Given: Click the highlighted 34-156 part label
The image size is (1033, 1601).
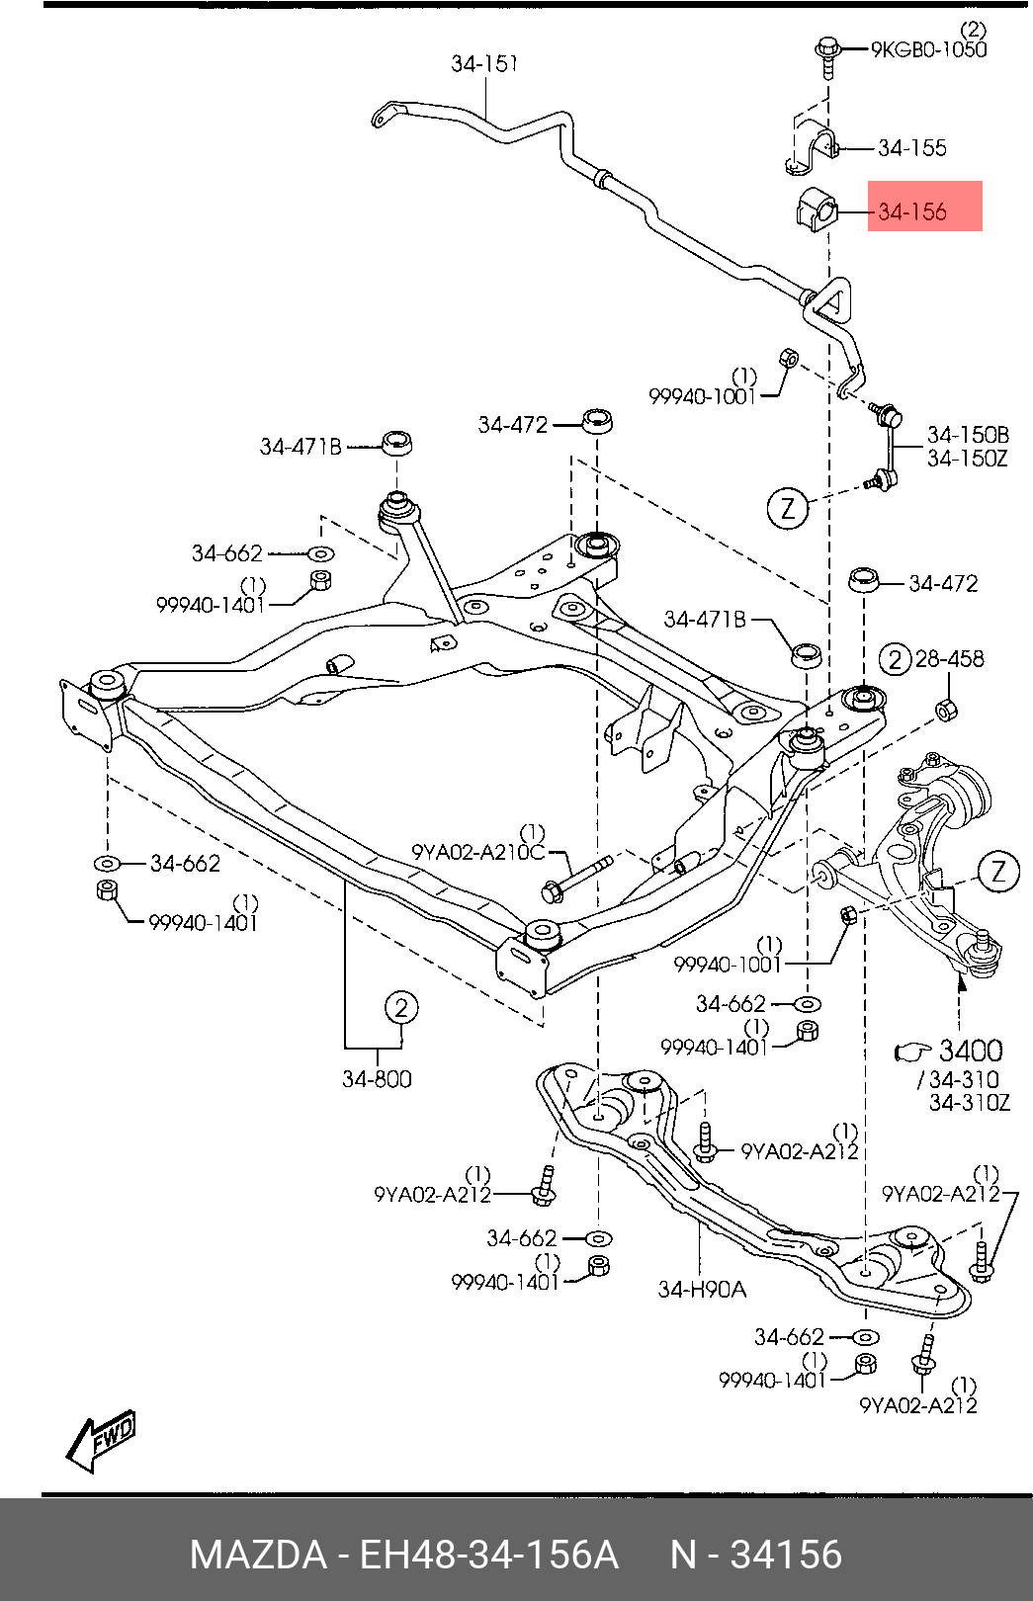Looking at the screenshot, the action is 912,211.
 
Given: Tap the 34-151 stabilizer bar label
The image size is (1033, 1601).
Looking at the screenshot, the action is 484,63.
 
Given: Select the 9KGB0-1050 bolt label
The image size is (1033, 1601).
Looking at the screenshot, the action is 928,49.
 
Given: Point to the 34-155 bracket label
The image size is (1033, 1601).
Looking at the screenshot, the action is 912,148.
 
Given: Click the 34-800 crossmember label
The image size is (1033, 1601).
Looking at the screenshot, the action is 377,1078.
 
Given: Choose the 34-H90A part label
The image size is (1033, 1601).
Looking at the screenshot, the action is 702,1289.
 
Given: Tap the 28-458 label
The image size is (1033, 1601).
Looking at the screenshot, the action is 949,658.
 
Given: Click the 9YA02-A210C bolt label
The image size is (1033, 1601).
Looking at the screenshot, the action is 477,852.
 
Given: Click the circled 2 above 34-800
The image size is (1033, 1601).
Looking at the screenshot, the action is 401,1008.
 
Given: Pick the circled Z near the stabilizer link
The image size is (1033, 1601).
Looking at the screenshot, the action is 788,508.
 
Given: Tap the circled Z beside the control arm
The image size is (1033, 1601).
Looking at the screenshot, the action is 998,872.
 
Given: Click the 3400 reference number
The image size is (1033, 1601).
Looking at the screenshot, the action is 971,1050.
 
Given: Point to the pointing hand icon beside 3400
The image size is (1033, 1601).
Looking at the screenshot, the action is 913,1052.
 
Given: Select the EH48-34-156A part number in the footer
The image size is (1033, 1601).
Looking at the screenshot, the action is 489,1554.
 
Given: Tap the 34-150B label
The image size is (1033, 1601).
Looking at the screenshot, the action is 968,435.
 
